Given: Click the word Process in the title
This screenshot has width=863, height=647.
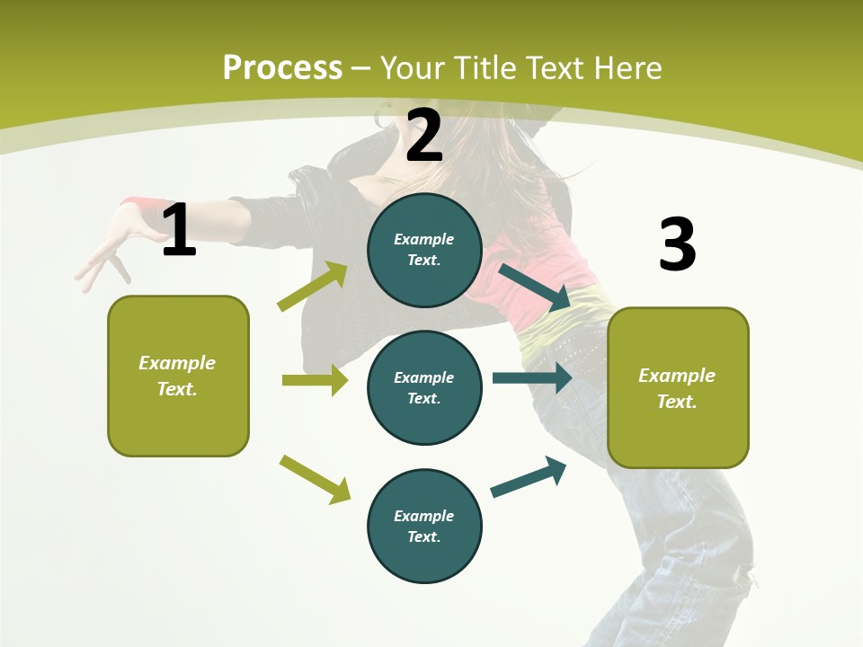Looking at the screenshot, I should [x=282, y=67].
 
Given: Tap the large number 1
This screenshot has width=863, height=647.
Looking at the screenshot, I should [x=179, y=230].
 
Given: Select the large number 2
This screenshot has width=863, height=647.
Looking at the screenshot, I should [x=424, y=136].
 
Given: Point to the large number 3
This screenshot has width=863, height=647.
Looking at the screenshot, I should [x=677, y=244].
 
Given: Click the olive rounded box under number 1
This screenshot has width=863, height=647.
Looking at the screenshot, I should [x=178, y=376].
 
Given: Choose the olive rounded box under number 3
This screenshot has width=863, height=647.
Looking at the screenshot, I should [x=678, y=387].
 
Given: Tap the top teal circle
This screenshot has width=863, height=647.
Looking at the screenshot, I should [x=424, y=250].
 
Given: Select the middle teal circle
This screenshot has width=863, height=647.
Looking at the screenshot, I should [x=424, y=387].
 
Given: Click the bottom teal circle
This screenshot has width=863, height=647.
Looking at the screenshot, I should [x=424, y=526].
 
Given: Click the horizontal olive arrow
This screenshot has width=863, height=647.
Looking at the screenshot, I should [x=315, y=380].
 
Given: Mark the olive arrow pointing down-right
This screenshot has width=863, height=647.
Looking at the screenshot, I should [x=315, y=478].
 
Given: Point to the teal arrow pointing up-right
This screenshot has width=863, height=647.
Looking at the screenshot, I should [x=529, y=477].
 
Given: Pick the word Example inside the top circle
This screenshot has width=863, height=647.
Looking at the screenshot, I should [x=423, y=239].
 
